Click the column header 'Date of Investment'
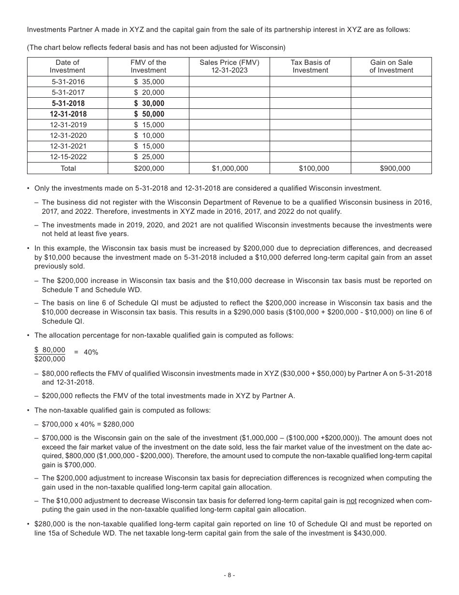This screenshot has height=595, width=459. point(67,66)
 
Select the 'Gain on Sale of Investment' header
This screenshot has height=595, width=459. point(391,66)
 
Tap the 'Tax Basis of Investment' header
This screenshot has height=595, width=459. point(310,66)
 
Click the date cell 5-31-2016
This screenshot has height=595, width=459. point(67,82)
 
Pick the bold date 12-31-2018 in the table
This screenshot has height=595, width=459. point(67,114)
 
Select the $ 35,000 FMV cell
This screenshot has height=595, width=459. point(148,82)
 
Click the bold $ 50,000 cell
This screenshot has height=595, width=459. point(148,114)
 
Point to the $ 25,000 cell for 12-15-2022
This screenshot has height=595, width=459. point(148,157)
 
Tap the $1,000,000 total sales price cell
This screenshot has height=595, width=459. point(229,168)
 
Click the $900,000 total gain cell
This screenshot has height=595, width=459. point(391,168)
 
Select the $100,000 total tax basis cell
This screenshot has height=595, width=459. point(310,168)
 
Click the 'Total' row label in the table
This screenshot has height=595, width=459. point(67,168)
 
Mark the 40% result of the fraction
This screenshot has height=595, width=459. point(91,352)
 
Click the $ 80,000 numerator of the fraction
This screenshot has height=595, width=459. point(50,350)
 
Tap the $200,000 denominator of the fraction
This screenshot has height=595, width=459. point(50,359)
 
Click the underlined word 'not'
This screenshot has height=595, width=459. point(351,501)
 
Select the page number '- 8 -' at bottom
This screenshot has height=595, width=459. point(229,575)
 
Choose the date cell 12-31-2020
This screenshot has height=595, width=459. point(67,135)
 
